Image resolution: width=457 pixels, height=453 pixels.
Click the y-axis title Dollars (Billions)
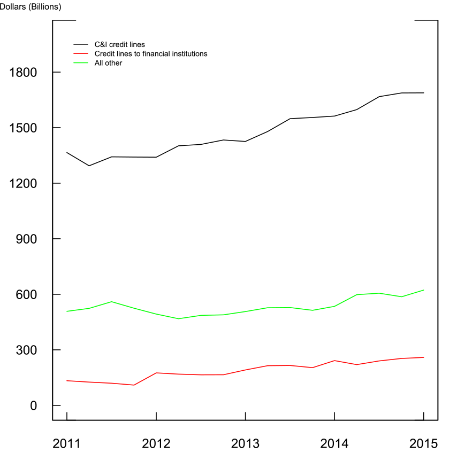tap(31, 7)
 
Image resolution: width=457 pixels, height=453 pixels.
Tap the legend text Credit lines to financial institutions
tap(150, 54)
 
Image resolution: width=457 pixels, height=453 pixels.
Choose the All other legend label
tap(108, 63)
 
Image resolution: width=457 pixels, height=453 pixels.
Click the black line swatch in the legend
tap(80, 45)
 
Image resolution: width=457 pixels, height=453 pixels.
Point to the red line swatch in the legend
tap(80, 54)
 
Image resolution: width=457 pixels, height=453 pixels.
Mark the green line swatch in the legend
tap(80, 63)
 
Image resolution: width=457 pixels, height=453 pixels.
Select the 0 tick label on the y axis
tap(34, 405)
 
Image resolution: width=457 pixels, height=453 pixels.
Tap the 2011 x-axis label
tap(67, 443)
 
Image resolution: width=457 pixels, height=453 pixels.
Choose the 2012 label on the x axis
tap(156, 443)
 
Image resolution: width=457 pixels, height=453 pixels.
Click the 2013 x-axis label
tap(245, 443)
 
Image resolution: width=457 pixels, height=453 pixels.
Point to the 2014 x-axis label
tap(334, 443)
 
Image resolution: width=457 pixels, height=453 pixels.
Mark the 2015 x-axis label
tap(423, 443)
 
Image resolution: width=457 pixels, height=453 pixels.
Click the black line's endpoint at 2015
tap(423, 93)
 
